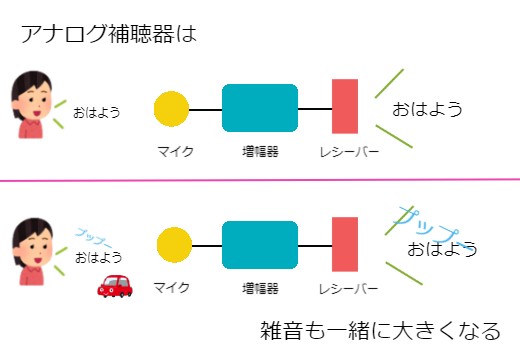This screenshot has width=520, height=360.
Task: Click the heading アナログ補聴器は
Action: tap(108, 35)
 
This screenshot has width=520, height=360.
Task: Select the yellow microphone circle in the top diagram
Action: tap(172, 109)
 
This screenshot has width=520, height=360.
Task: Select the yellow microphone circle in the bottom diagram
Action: tap(175, 246)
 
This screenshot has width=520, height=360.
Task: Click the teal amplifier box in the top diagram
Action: tap(260, 109)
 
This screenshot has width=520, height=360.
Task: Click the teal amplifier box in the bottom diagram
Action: tap(260, 246)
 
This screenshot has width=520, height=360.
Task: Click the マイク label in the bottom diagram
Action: tap(171, 288)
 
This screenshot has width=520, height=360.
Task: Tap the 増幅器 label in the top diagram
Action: tap(260, 151)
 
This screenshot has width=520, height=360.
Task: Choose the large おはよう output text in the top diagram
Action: tap(427, 109)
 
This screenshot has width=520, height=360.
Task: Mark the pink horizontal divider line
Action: tap(260, 180)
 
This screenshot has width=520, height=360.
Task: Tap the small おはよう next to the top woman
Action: tap(96, 112)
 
